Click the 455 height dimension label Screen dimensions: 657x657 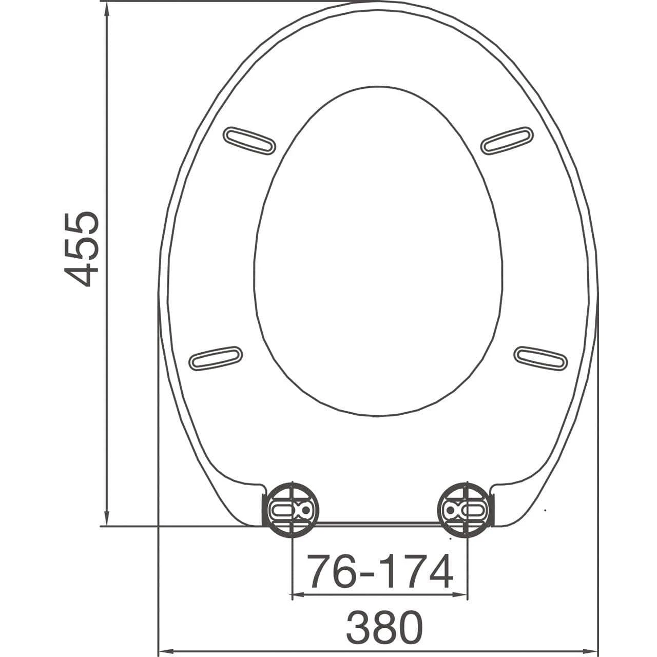click(x=81, y=248)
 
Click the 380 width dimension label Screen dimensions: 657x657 click(x=384, y=627)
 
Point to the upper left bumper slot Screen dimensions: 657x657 click(x=249, y=140)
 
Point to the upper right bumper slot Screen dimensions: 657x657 click(x=508, y=140)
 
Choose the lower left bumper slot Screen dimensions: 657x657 click(x=216, y=358)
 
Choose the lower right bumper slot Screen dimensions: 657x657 click(x=541, y=358)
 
